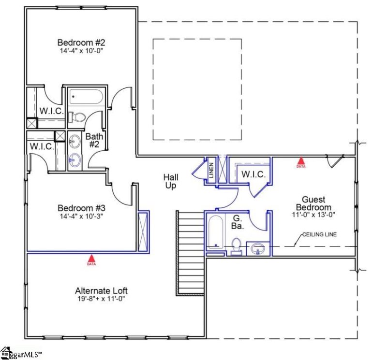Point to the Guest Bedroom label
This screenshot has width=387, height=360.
pos(313,203)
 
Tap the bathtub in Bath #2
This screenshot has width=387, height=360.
pos(85,97)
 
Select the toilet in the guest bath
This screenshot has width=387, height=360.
pos(237,245)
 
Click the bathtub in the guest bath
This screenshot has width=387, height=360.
pos(215,232)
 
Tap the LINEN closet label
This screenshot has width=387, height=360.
pos(211,171)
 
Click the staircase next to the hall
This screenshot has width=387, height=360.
pos(191,252)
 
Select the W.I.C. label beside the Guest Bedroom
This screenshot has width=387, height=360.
pos(253,174)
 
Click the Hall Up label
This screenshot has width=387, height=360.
pos(170,181)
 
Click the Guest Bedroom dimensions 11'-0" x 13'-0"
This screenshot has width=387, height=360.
pos(313,215)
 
